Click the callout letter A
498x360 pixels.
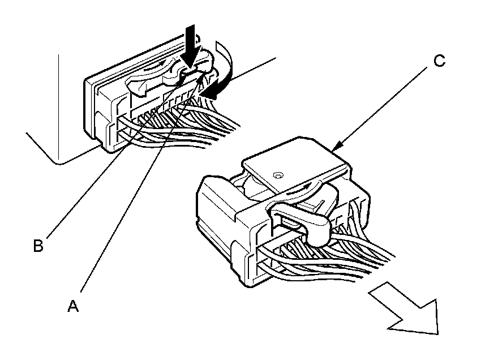[x=73, y=306]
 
